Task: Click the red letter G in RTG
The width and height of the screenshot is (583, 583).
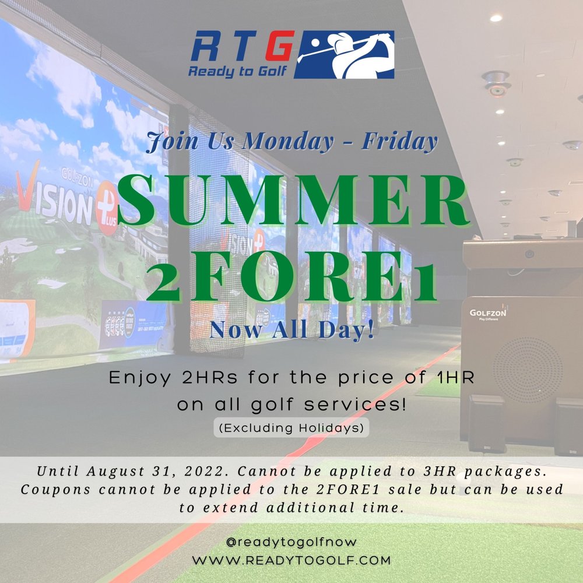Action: click(x=280, y=45)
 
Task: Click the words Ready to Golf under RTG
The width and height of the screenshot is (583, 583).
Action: click(x=238, y=71)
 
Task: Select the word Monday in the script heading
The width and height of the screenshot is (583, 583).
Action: click(x=288, y=142)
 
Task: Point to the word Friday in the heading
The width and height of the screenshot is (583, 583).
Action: click(x=400, y=141)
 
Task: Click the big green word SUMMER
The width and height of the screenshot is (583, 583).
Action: click(x=292, y=201)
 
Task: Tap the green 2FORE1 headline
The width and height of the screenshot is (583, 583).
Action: click(x=292, y=276)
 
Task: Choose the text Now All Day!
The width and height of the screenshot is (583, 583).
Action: click(x=292, y=329)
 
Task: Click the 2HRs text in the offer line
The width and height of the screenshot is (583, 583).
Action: click(x=210, y=378)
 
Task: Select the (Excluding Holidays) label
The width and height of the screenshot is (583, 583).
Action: click(x=291, y=428)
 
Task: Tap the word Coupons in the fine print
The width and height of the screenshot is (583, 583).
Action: click(x=55, y=489)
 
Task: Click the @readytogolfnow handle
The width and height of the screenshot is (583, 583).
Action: click(x=291, y=542)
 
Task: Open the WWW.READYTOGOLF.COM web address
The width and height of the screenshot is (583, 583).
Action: click(x=291, y=560)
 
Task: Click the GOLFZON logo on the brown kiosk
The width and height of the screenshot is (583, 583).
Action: click(x=488, y=312)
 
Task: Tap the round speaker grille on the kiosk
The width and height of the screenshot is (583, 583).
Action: click(x=528, y=370)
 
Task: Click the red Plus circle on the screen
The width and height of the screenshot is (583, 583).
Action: click(x=107, y=208)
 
